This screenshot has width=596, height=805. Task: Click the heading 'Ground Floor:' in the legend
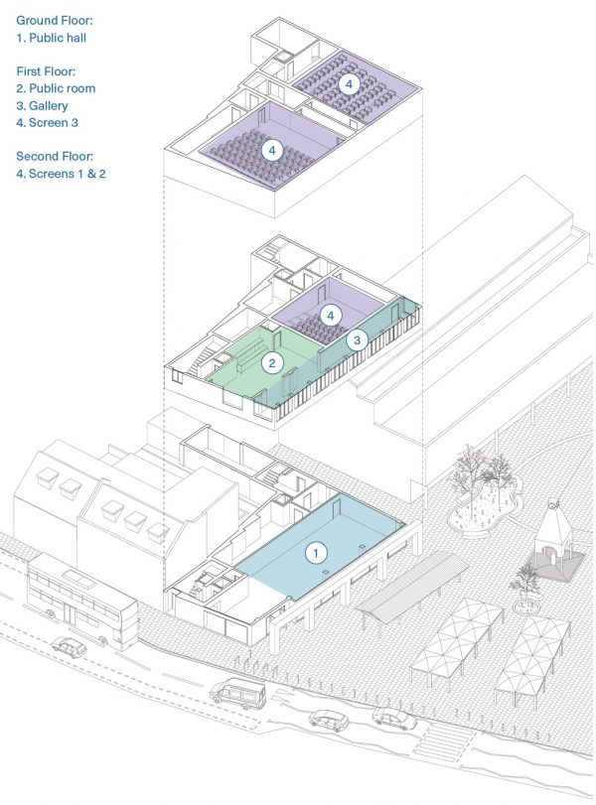coord(55,21)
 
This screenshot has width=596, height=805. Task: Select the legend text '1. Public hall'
coord(52,38)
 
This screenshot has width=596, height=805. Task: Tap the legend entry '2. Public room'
coord(56,88)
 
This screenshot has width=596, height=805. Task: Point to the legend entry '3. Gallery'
coord(42,106)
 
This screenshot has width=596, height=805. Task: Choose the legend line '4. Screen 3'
coord(48,123)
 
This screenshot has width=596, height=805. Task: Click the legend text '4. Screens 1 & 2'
coord(61,174)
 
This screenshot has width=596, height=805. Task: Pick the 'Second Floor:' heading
coord(55,156)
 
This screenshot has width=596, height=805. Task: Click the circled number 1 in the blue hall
coord(316,553)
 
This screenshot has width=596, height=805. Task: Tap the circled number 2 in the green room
coord(272,363)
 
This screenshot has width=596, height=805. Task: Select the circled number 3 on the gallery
coord(357,339)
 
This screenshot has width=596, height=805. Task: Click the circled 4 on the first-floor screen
coord(331,316)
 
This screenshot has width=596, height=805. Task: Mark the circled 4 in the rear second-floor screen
coord(349,84)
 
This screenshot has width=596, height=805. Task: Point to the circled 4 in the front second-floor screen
coord(272,151)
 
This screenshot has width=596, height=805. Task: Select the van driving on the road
coord(237,693)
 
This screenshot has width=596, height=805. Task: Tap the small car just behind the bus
coord(70,647)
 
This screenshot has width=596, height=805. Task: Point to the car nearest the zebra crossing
coord(394,719)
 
